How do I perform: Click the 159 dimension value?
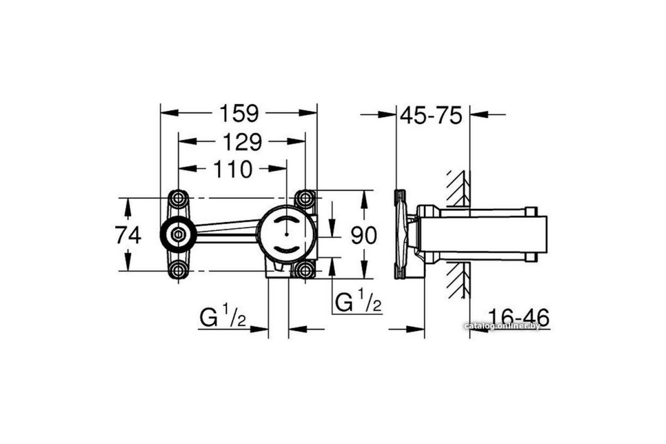tap(239, 113)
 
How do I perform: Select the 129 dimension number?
tap(243, 142)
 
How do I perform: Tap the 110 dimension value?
tap(233, 169)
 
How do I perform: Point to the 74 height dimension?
tap(128, 235)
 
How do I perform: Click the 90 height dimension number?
tap(364, 235)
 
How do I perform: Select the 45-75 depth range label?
tap(431, 115)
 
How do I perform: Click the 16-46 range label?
tap(518, 317)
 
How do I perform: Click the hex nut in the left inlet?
tap(178, 235)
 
